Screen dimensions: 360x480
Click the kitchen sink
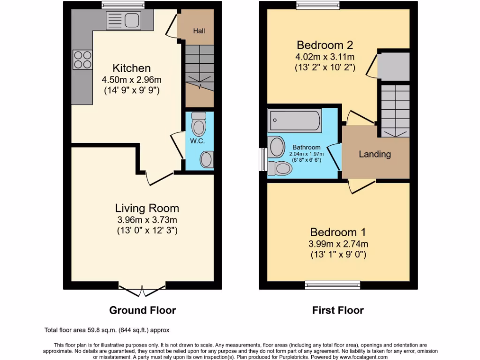pyautogui.click(x=123, y=20)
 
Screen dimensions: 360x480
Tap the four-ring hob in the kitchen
pyautogui.click(x=82, y=60)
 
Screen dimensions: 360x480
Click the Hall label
pyautogui.click(x=199, y=31)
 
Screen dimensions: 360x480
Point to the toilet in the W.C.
pyautogui.click(x=199, y=124)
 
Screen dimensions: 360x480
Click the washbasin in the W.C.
pyautogui.click(x=207, y=159)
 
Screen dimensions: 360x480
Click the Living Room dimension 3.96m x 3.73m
pyautogui.click(x=147, y=220)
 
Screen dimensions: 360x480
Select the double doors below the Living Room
pyautogui.click(x=142, y=290)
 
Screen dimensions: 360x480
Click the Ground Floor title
pyautogui.click(x=142, y=310)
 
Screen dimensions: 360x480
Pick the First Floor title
pyautogui.click(x=338, y=310)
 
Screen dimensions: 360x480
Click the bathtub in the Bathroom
pyautogui.click(x=295, y=121)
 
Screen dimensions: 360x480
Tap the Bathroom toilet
pyautogui.click(x=279, y=168)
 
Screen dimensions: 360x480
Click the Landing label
pyautogui.click(x=375, y=154)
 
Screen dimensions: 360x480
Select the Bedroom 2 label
pyautogui.click(x=325, y=45)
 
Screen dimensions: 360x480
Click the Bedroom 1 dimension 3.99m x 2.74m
pyautogui.click(x=338, y=244)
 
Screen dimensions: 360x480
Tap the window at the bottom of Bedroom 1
pyautogui.click(x=332, y=284)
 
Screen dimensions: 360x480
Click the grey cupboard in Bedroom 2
pyautogui.click(x=394, y=67)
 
